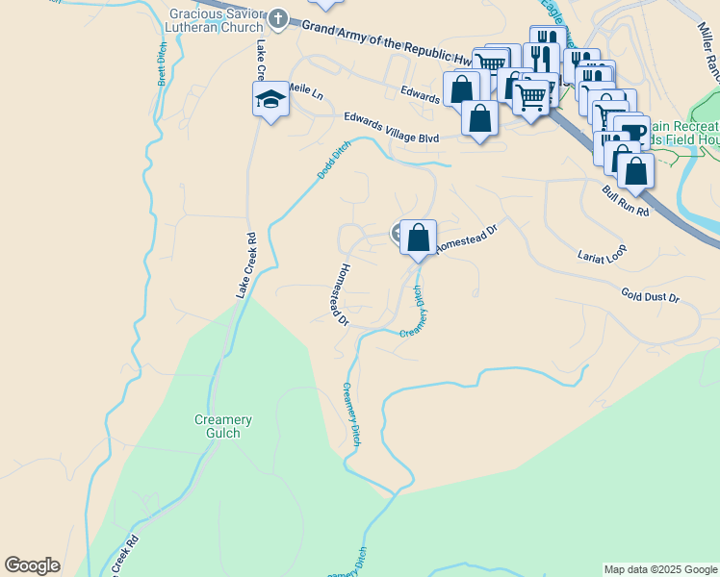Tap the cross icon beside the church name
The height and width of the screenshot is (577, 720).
pyautogui.click(x=279, y=18)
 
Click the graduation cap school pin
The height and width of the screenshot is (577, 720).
pyautogui.click(x=270, y=98)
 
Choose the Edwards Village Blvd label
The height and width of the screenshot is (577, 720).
pyautogui.click(x=392, y=128)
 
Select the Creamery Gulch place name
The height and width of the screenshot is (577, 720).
pyautogui.click(x=223, y=427)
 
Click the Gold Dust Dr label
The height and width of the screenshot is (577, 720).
pyautogui.click(x=650, y=297)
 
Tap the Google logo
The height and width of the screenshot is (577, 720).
pyautogui.click(x=32, y=565)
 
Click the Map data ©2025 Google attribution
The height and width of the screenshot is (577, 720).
pyautogui.click(x=660, y=569)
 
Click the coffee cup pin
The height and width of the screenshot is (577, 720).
pyautogui.click(x=631, y=132)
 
